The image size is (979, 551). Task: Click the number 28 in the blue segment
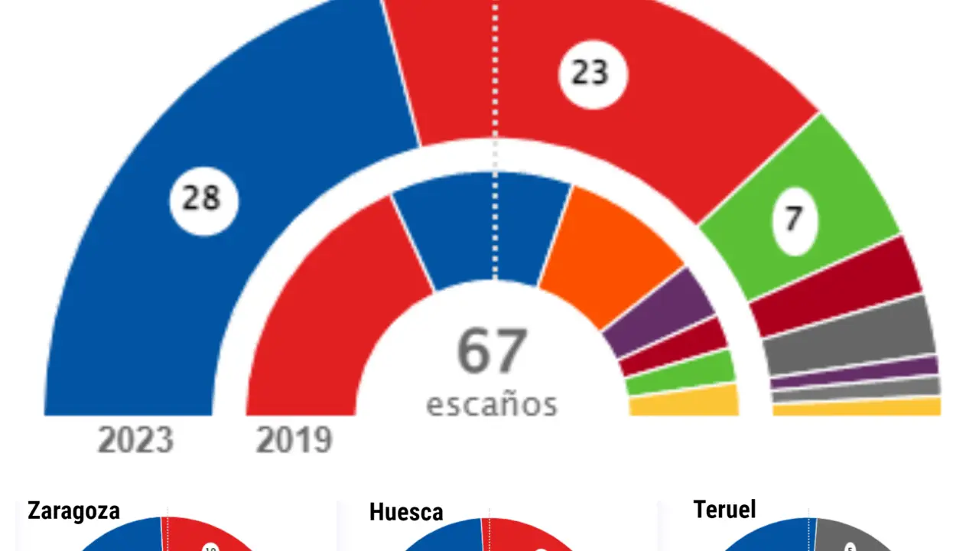[x=203, y=201]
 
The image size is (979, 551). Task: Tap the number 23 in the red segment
[x=593, y=73]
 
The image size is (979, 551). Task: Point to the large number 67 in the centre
[x=493, y=351]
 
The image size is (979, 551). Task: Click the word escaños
[x=492, y=403]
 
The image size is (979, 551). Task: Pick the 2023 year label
[x=135, y=441]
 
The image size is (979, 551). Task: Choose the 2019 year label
[x=294, y=441]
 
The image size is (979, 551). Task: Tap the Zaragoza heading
[x=73, y=510]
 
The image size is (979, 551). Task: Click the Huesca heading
[x=406, y=512]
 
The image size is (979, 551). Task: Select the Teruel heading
[x=724, y=509]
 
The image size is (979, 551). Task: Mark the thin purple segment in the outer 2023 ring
[x=854, y=373]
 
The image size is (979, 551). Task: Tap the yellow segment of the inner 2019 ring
[x=683, y=402]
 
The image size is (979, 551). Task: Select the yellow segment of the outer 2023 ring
[x=857, y=407]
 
